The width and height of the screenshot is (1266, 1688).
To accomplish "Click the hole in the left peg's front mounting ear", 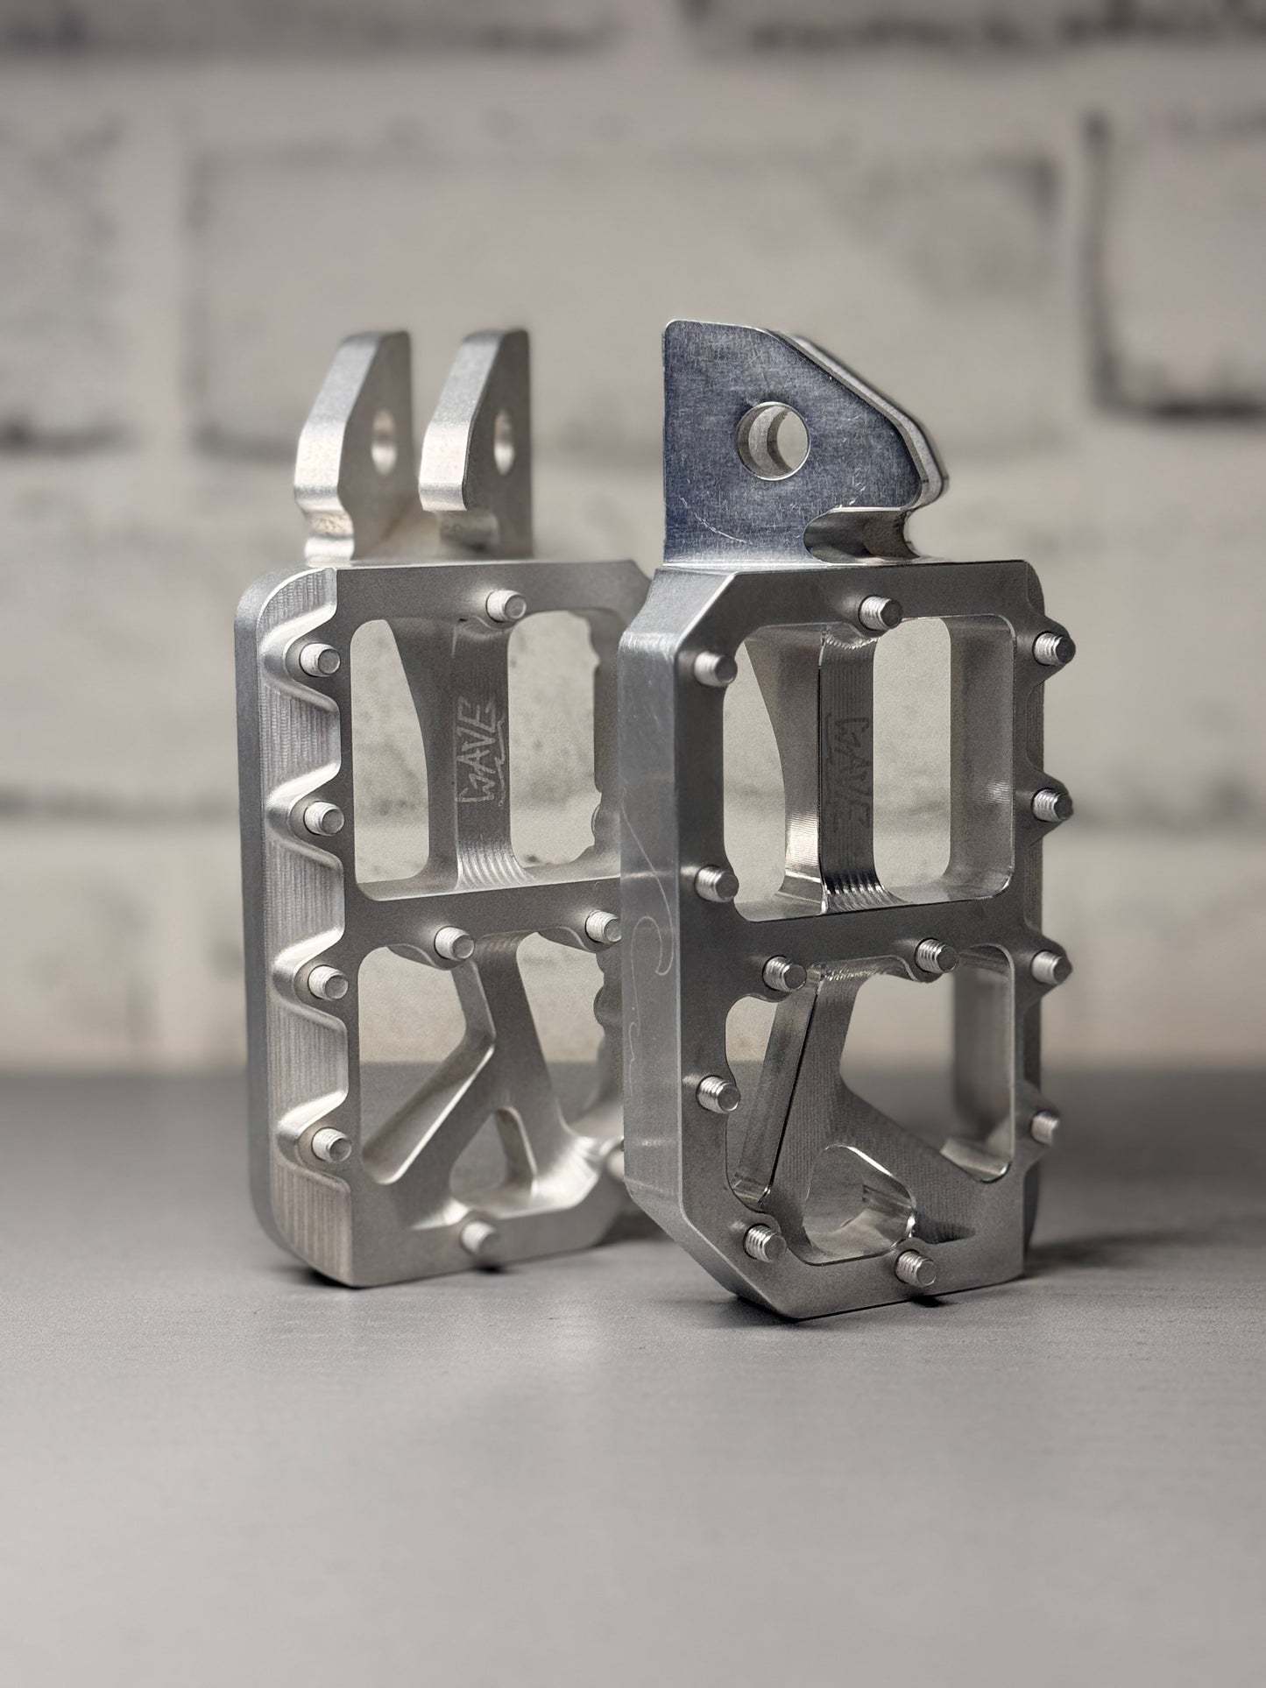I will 503,437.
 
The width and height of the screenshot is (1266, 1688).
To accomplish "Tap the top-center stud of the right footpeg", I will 876,609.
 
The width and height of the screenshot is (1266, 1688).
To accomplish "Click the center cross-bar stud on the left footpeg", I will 454,943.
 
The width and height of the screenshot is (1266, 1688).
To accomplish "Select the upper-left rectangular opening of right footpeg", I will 771,771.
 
